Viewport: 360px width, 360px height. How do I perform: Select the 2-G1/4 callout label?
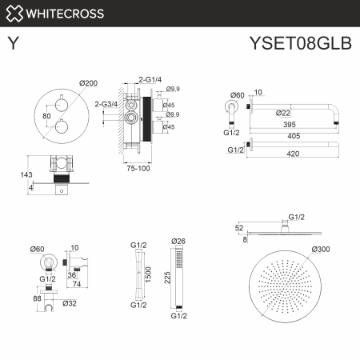tap(150, 80)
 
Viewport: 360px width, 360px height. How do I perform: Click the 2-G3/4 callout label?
tap(106, 103)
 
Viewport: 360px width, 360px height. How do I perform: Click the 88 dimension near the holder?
tap(36, 299)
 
